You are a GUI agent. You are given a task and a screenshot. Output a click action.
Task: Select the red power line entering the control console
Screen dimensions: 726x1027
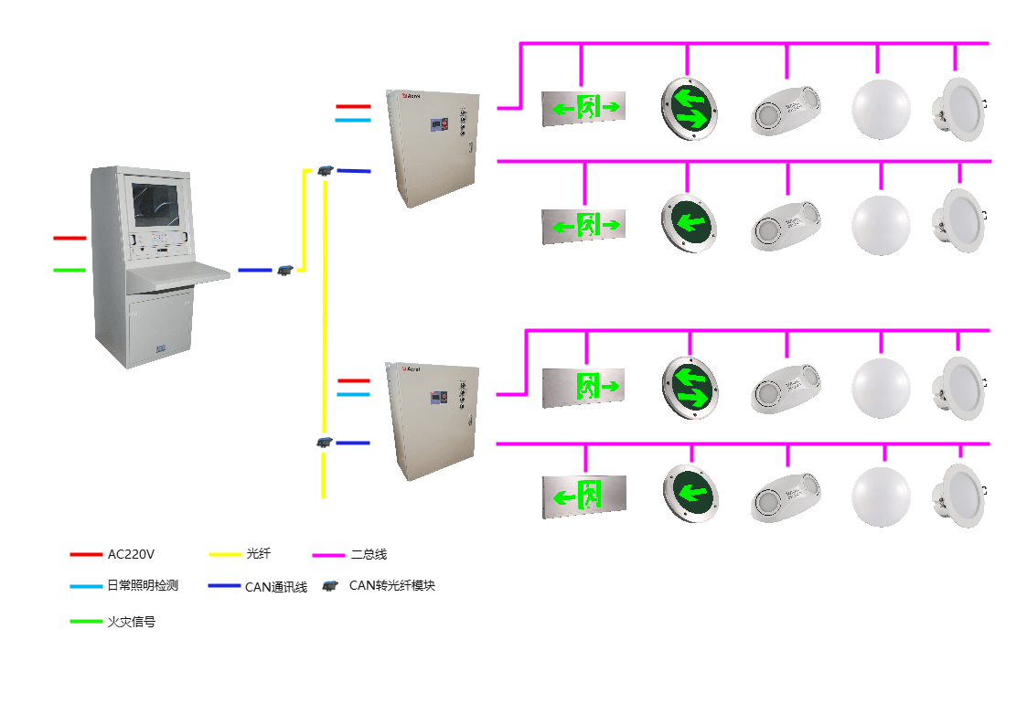coord(69,238)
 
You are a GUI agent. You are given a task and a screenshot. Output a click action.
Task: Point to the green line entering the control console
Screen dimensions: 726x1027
coord(69,270)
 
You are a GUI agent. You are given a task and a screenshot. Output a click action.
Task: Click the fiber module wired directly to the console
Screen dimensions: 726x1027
coord(284,270)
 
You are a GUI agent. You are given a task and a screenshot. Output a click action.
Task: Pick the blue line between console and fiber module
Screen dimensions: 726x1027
coord(255,270)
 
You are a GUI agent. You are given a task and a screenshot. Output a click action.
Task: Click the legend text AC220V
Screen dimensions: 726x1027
coord(131,554)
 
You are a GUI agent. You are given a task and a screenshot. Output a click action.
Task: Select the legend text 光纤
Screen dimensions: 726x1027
coord(259,554)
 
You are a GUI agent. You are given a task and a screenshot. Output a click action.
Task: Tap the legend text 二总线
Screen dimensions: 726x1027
coord(369,554)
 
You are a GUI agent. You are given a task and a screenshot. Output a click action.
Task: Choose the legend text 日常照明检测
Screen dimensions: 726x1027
coord(142,586)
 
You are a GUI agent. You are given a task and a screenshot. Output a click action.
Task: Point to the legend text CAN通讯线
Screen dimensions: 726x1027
coord(275,587)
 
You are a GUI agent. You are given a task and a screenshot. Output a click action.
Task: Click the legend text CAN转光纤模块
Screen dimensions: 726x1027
coord(391,585)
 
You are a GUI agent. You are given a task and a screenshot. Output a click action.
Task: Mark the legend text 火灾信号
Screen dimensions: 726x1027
coord(131,622)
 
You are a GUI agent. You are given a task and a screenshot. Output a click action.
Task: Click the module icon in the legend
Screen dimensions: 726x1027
coord(329,586)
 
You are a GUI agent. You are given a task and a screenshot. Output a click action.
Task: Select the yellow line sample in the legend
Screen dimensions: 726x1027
coord(225,554)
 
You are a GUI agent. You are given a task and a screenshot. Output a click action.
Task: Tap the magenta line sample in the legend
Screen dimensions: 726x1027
coord(328,555)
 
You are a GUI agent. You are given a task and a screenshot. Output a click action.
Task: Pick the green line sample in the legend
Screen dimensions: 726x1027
coord(86,622)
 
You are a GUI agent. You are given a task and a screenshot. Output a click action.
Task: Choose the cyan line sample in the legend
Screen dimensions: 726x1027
coord(86,586)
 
